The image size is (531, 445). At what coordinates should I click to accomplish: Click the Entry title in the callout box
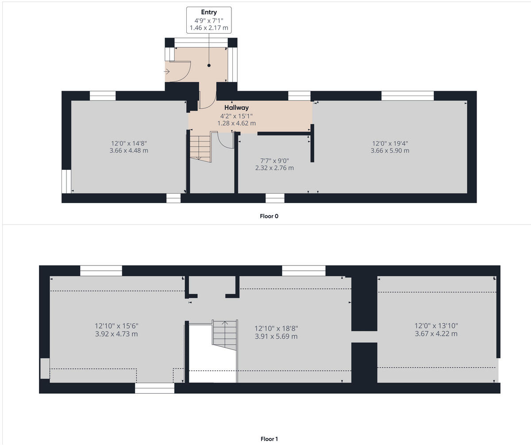pos(209,12)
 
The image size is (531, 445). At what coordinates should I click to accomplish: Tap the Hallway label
pos(236,107)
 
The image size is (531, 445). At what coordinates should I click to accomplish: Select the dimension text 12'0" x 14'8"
pos(129,143)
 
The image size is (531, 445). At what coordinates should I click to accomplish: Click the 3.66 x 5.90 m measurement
pos(390,150)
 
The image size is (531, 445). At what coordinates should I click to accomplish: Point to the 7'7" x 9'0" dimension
pos(274,161)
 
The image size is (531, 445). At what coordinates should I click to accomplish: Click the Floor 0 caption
pos(269,216)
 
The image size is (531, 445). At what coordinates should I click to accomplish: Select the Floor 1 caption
pos(269,439)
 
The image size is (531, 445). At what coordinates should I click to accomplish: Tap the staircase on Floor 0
pos(200,147)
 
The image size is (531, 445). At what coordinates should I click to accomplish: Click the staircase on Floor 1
pos(225,335)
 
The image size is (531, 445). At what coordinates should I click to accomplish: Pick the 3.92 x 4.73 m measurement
pos(116,334)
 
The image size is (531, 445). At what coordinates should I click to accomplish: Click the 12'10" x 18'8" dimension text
pos(276,329)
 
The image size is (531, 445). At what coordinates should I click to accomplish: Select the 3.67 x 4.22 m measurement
pos(436,334)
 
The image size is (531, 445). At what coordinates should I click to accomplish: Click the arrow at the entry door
pos(167,71)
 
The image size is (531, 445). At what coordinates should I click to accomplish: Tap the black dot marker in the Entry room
pos(209,65)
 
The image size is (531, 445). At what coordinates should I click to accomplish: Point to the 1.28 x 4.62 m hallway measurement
pos(236,123)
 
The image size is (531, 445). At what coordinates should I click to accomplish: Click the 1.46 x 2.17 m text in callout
pos(209,28)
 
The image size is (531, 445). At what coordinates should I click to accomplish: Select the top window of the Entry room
pos(200,42)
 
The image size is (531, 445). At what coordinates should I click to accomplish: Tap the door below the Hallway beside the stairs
pos(226,142)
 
